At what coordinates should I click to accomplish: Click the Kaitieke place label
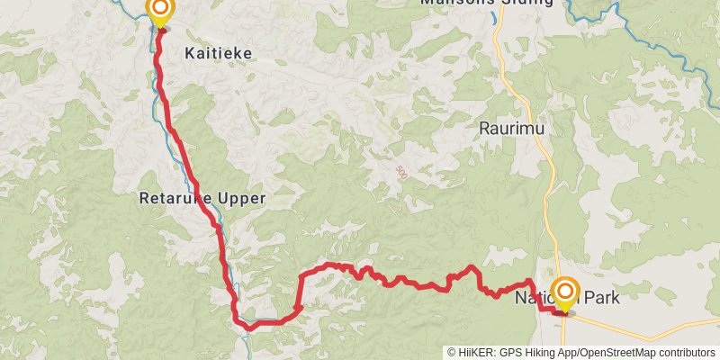[x=218, y=53]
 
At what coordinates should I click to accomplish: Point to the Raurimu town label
[x=512, y=128]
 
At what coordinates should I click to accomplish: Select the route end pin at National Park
[x=565, y=292]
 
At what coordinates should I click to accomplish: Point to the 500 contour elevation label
[x=400, y=170]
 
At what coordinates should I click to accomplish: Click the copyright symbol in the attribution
[x=452, y=353]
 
